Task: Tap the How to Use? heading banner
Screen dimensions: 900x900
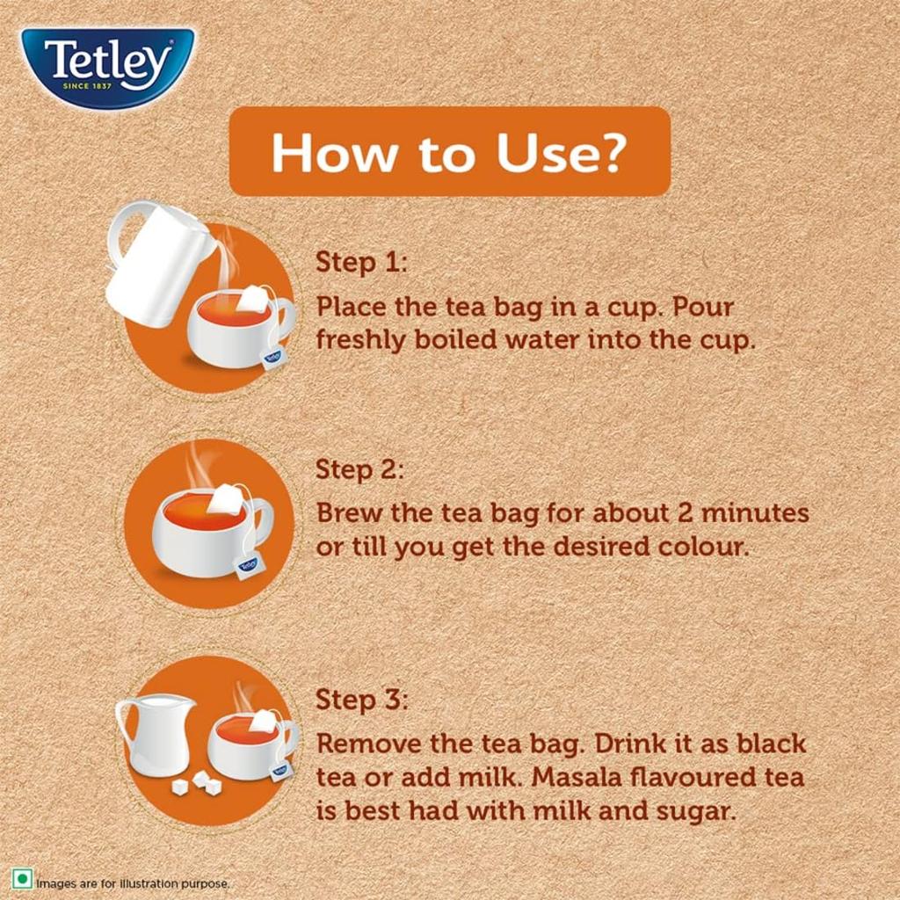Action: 449,151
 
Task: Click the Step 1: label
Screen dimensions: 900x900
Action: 360,262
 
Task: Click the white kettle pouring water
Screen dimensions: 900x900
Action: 158,264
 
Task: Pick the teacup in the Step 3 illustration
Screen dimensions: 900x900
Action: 248,747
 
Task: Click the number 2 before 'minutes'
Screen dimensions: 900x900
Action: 686,512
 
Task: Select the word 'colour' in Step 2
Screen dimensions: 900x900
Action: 704,547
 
